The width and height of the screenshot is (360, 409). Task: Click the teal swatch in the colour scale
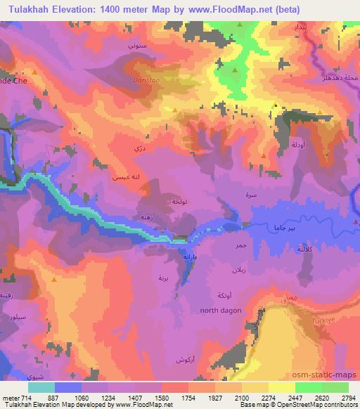coord(41,387)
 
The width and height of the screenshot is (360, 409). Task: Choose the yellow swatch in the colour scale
coord(282,387)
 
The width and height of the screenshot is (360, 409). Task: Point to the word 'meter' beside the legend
coord(10,397)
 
